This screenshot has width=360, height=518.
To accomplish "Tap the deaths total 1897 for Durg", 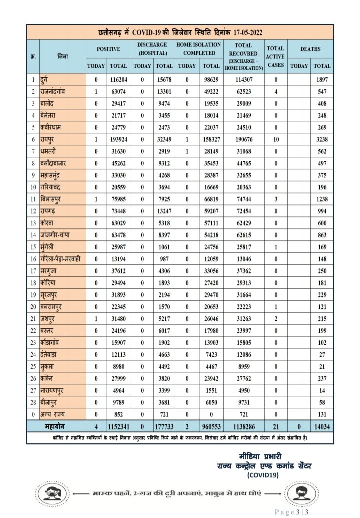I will [322, 79].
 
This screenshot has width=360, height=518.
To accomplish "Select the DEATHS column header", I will [311, 49].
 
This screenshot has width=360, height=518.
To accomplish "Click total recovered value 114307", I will [244, 79].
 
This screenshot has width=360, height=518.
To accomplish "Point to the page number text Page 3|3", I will [293, 511].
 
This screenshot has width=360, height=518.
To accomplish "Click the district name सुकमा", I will [50, 378].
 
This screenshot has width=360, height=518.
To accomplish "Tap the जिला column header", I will [62, 56].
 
